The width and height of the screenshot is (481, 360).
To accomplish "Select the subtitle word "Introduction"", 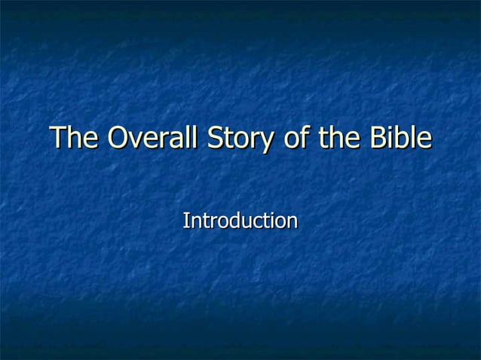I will [x=240, y=221].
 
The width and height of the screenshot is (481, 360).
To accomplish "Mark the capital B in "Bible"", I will [x=377, y=139].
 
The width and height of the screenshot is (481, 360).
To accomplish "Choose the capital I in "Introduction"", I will [x=186, y=221].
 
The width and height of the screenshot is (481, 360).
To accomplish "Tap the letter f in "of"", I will [x=303, y=138].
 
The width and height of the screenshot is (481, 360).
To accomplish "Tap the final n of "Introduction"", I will [x=292, y=222].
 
